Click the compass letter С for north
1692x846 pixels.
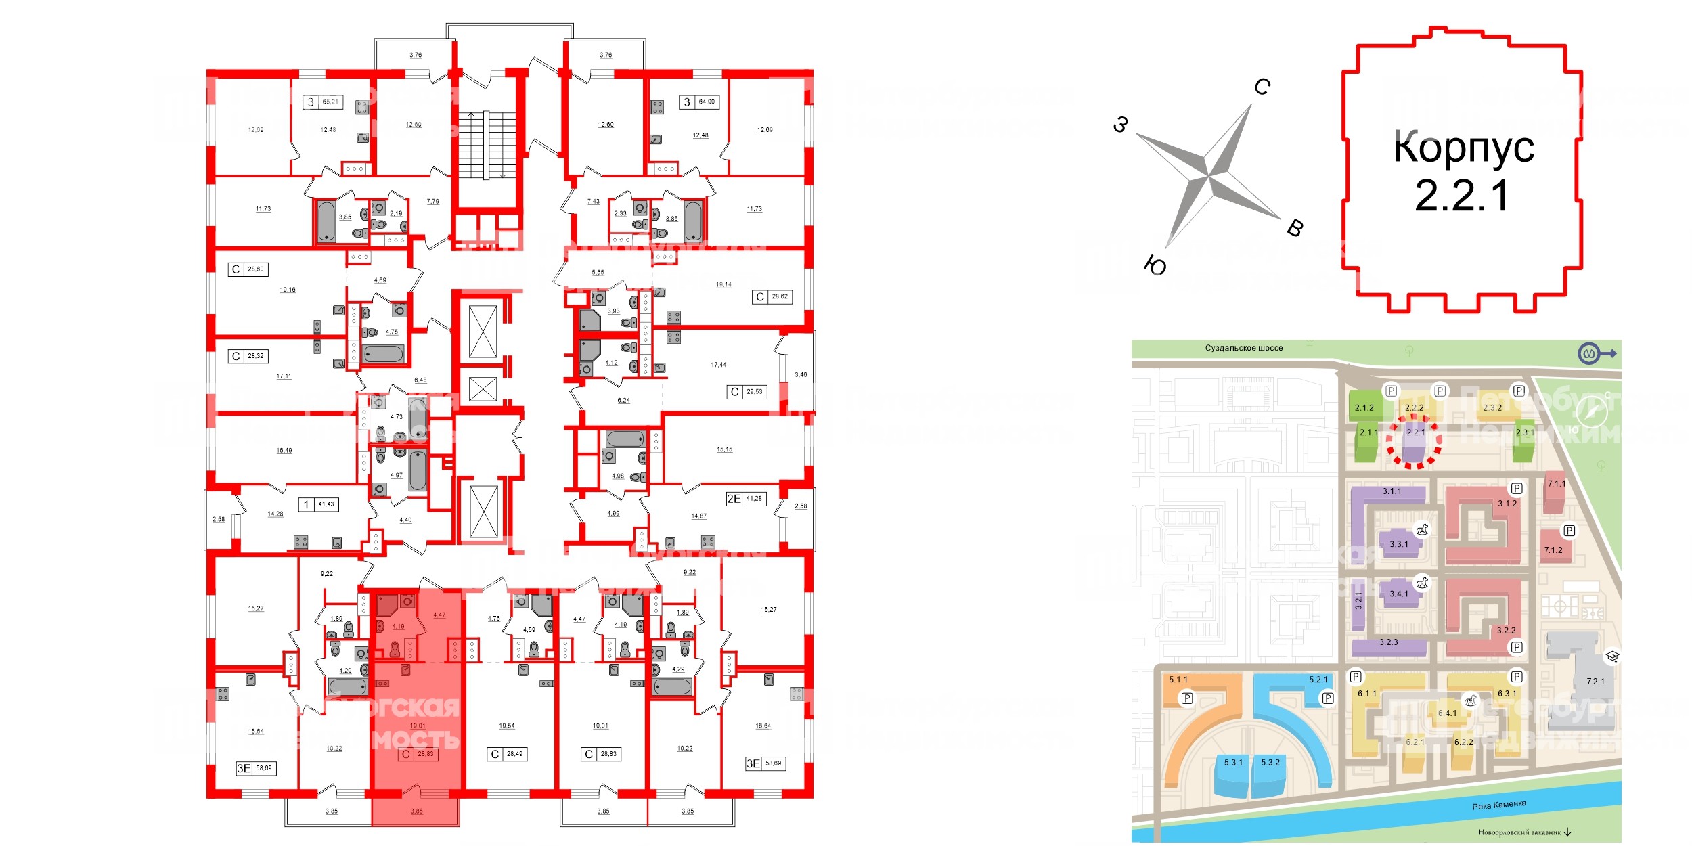[1262, 87]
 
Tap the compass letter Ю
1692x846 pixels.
[1155, 266]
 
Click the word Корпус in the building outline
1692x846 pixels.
[1463, 148]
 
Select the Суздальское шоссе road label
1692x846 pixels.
[1244, 348]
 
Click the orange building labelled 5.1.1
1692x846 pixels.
[1178, 680]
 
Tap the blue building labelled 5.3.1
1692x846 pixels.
[1233, 763]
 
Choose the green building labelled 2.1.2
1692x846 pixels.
[1364, 408]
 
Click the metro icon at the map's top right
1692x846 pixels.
[1588, 353]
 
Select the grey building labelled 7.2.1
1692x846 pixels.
[1595, 682]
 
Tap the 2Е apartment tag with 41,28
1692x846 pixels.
[744, 499]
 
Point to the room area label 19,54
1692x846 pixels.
[507, 726]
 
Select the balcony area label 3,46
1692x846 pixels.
[801, 374]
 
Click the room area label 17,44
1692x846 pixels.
[719, 365]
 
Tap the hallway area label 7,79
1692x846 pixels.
[433, 201]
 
